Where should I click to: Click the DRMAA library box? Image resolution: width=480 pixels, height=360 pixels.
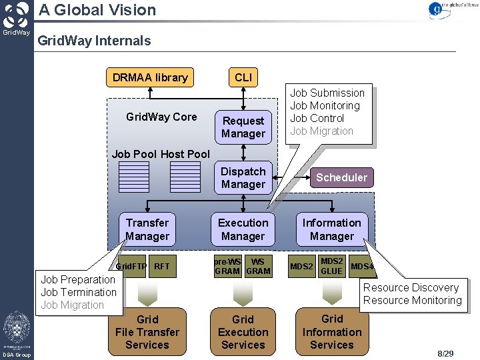(150, 77)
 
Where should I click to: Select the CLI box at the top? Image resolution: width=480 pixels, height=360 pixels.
(243, 77)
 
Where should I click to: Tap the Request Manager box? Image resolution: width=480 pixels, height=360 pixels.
(243, 127)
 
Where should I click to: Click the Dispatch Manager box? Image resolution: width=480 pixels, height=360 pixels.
(243, 178)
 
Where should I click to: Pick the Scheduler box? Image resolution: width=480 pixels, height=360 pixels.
(341, 177)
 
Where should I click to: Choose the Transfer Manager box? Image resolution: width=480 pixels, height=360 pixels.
(147, 229)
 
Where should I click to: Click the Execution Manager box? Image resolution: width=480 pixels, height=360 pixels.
(243, 229)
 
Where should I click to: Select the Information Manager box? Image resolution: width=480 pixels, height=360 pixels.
(331, 229)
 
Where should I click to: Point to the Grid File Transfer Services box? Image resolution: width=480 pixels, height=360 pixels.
(147, 332)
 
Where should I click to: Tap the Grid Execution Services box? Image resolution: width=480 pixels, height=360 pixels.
(243, 332)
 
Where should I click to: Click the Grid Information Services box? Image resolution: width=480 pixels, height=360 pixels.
(331, 332)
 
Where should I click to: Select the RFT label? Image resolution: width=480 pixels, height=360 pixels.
(162, 267)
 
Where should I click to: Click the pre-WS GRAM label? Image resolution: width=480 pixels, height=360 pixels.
(227, 267)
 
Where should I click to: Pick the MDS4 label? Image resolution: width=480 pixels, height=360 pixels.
(362, 267)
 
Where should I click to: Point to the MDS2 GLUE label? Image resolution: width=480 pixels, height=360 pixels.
(331, 267)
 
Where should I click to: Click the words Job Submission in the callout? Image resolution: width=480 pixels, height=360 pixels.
(327, 93)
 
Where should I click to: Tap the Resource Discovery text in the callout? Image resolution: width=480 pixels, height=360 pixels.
(411, 287)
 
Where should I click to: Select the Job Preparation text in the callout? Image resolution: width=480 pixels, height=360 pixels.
(78, 279)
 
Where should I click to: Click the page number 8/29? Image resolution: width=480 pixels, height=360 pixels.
(445, 353)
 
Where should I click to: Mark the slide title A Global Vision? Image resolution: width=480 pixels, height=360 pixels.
(97, 10)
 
